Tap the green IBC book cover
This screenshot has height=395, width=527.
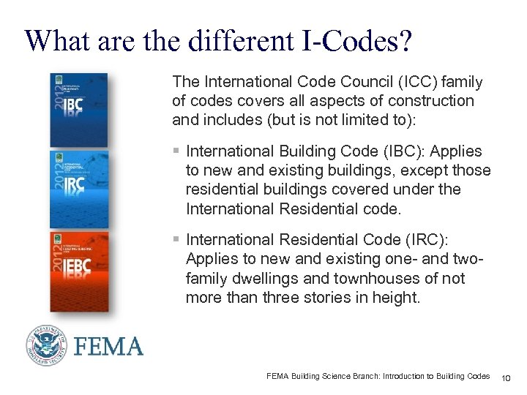78,110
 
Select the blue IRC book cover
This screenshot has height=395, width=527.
78,191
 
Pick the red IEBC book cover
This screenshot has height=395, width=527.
78,271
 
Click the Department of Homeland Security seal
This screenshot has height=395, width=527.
47,345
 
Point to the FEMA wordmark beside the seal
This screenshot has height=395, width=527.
108,346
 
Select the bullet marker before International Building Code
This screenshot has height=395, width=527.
176,151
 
